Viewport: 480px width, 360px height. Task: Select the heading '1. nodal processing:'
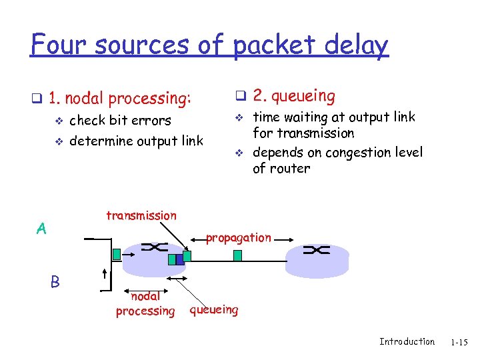[x=119, y=99]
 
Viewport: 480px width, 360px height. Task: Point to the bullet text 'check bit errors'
[x=120, y=121]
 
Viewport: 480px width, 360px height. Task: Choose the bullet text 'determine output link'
[x=136, y=141]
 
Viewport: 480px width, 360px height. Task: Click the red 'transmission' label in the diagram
[x=141, y=215]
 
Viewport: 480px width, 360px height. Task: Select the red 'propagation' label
[x=238, y=237]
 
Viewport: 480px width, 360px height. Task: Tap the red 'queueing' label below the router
[x=213, y=309]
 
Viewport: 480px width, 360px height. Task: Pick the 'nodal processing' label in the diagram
[x=145, y=304]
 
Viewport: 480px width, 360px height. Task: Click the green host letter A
[x=41, y=229]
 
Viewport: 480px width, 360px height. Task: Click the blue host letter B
[x=55, y=282]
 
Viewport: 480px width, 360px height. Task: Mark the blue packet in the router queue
[x=179, y=259]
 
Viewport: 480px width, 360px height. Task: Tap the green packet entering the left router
[x=116, y=253]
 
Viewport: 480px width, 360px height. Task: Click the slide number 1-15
[x=459, y=343]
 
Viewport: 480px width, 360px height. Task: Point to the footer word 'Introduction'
[x=407, y=342]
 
